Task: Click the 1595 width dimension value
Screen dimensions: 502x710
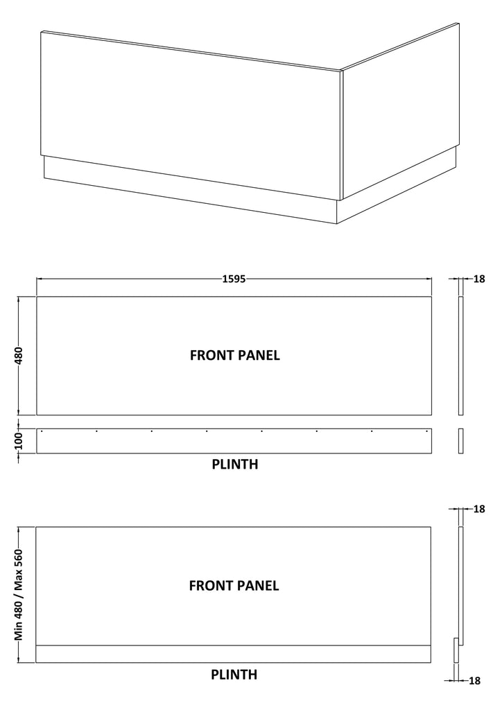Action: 234,279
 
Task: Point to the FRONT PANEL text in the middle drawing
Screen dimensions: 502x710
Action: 235,356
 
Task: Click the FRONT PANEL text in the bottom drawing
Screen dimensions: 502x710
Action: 234,586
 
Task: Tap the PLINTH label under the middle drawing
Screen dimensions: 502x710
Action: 235,464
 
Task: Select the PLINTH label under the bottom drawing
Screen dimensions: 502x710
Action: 234,675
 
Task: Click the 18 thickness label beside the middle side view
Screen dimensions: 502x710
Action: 479,279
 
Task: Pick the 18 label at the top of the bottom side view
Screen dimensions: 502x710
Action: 479,509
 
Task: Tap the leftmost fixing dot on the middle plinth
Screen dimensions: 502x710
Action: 42,431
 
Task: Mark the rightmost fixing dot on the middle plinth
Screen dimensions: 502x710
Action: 427,431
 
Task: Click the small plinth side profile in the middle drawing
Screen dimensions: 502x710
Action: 461,440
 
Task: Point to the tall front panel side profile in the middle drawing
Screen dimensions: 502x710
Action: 461,356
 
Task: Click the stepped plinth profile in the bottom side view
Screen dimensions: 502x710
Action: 456,650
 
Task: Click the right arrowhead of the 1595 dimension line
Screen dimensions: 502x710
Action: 429,279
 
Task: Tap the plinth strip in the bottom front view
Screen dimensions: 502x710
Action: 233,654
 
